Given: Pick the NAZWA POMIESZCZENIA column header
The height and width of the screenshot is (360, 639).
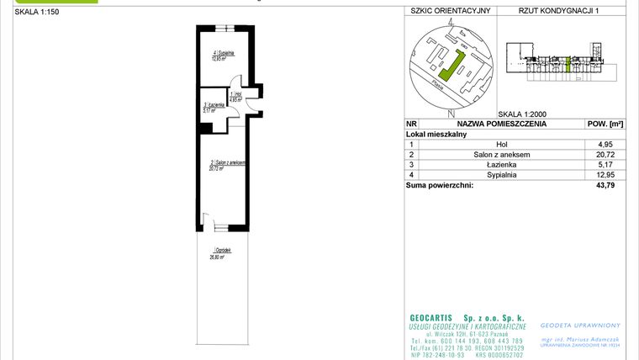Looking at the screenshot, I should point(501,124).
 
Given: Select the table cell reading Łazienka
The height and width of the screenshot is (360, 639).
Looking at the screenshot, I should point(501,165).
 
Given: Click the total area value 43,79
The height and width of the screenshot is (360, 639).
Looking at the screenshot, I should point(605,185).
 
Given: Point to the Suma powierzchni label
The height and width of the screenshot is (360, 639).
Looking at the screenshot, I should point(439,185).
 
